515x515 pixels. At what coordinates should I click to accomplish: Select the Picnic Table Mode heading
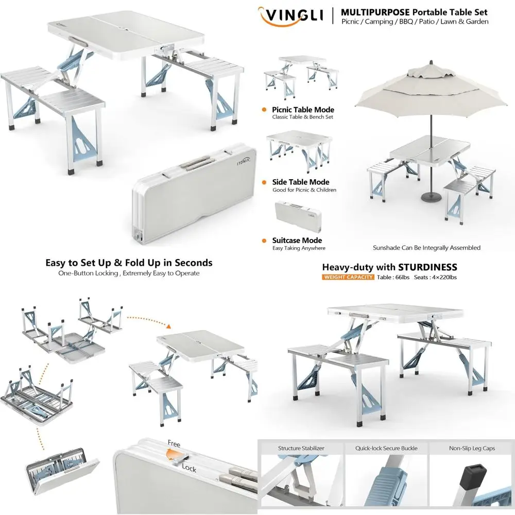tap(303, 110)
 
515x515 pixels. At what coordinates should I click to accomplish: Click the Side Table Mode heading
tap(301, 182)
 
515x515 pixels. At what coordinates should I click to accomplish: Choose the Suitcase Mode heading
tap(297, 241)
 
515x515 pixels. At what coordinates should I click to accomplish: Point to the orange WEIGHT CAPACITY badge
tap(348, 278)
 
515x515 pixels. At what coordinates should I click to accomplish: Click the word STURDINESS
tap(427, 267)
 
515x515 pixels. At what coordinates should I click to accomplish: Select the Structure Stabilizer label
tap(301, 448)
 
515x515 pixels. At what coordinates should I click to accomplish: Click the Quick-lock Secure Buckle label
tap(386, 448)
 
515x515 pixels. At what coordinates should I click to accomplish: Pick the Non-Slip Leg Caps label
tap(471, 448)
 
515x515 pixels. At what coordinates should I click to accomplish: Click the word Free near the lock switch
tap(174, 443)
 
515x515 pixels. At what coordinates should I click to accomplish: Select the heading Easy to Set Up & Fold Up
tap(129, 263)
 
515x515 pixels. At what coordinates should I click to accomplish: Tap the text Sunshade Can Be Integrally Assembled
tap(426, 248)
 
